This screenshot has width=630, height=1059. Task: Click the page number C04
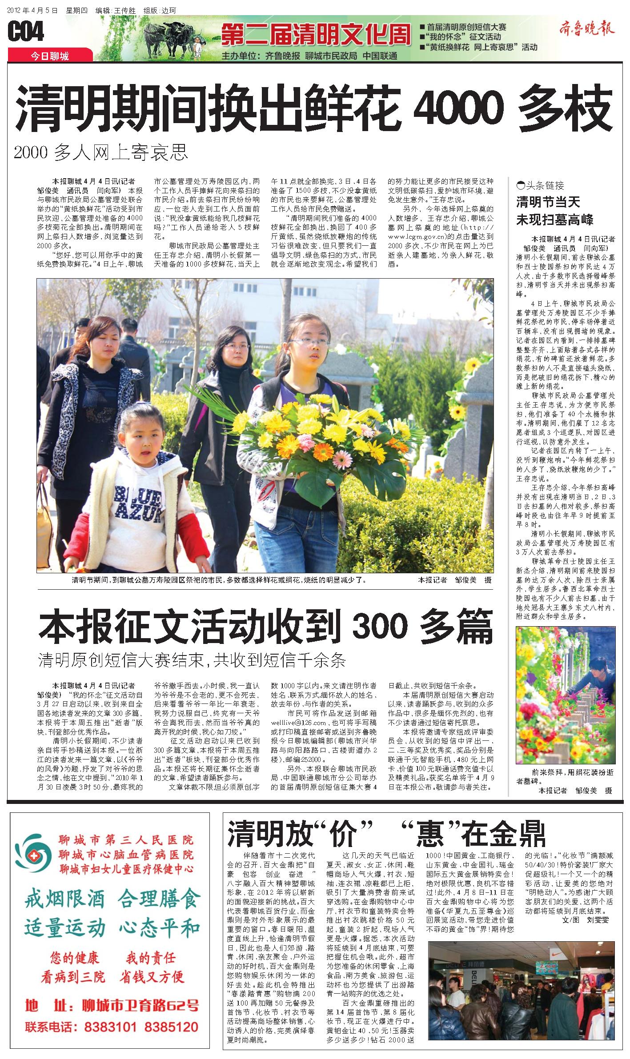pyautogui.click(x=26, y=32)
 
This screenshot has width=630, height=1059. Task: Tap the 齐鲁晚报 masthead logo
pyautogui.click(x=586, y=30)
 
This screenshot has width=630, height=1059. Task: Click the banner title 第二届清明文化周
pyautogui.click(x=316, y=34)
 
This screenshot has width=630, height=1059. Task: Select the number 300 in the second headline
pyautogui.click(x=380, y=627)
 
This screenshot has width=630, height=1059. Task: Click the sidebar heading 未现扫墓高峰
pyautogui.click(x=554, y=219)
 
